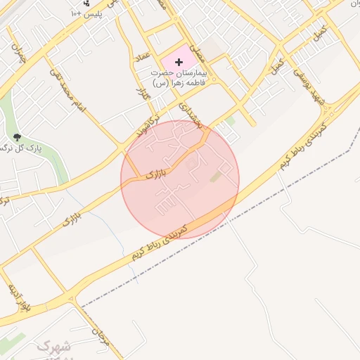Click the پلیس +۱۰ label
(91, 14)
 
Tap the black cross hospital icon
(179, 63)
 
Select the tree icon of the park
(17, 136)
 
